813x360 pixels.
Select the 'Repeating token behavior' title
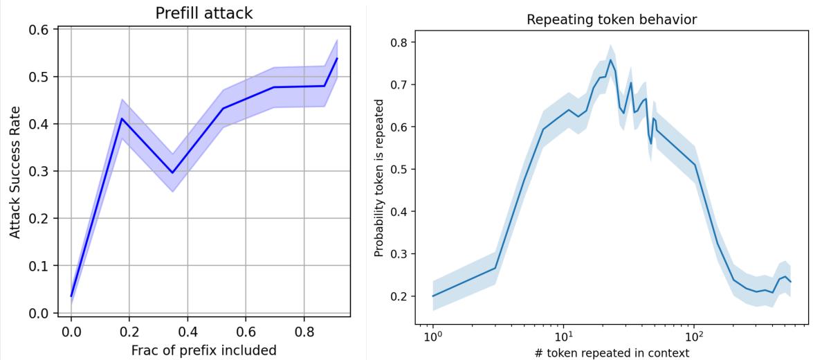(x=612, y=20)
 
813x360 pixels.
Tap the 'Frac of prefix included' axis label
(x=203, y=350)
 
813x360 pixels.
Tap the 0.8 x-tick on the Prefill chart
(x=304, y=332)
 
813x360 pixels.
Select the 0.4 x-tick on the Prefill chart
(x=188, y=332)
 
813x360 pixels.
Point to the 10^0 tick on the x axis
(x=432, y=339)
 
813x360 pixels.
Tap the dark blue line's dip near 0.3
(x=172, y=173)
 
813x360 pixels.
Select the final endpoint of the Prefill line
(x=337, y=58)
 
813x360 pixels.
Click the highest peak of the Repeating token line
(x=610, y=60)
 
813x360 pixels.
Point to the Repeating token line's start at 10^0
(x=432, y=296)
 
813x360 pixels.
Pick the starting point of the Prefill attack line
(x=71, y=296)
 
